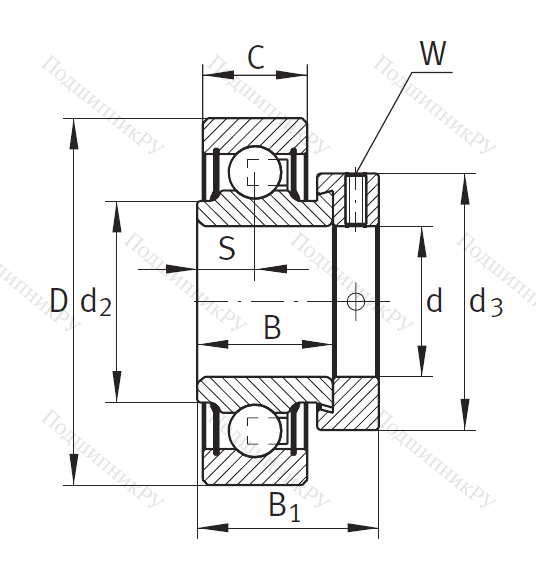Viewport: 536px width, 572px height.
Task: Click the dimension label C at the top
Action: click(256, 57)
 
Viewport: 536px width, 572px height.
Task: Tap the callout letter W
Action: click(433, 53)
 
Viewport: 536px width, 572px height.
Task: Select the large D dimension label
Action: click(59, 300)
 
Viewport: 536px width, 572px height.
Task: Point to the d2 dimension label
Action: click(95, 303)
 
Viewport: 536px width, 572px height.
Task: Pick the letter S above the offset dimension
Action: click(227, 248)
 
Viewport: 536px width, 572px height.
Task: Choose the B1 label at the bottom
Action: click(284, 507)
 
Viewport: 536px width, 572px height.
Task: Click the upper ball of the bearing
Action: click(255, 172)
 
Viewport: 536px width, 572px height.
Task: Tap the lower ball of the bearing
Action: click(255, 430)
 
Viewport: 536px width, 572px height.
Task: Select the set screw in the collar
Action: click(355, 200)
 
